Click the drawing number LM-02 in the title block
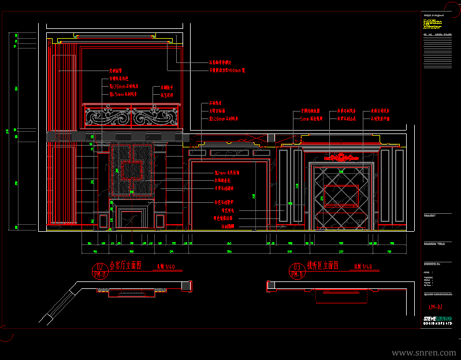tap(435, 307)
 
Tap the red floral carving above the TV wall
tap(341, 157)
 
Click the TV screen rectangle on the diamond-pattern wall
tap(341, 195)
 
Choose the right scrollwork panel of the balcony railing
tap(155, 118)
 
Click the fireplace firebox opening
tap(132, 218)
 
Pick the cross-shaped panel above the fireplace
tap(132, 170)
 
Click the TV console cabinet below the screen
tap(341, 220)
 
